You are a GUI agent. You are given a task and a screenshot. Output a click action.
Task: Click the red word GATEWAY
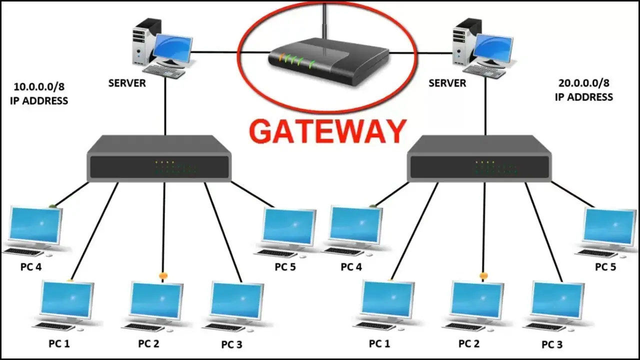click(x=327, y=131)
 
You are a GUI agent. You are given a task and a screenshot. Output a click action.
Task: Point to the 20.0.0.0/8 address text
click(x=584, y=83)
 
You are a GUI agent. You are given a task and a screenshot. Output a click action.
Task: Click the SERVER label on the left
click(x=127, y=83)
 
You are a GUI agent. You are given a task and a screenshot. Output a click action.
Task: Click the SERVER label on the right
click(x=447, y=83)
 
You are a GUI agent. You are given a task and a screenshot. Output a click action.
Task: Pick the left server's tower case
click(x=142, y=42)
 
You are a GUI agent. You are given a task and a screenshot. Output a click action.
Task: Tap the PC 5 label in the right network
click(x=605, y=267)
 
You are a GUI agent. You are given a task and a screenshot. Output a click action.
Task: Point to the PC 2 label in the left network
click(x=148, y=344)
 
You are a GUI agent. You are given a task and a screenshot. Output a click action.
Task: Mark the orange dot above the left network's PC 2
click(x=162, y=275)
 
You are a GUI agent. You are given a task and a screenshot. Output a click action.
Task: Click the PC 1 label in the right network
click(x=379, y=344)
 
